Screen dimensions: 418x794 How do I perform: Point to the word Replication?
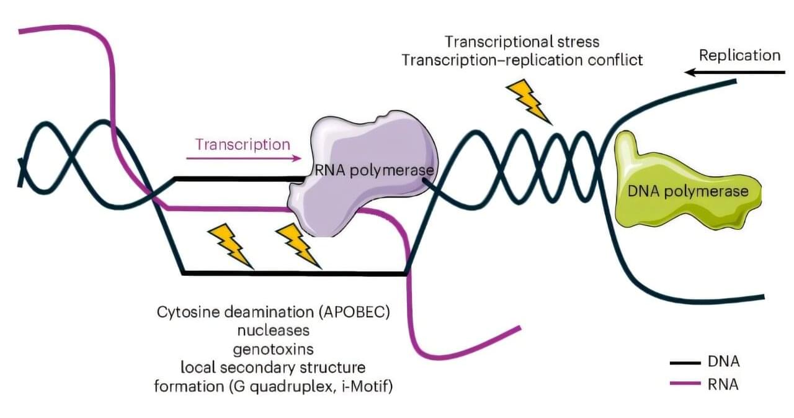[739, 55]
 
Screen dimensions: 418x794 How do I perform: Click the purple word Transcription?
[243, 145]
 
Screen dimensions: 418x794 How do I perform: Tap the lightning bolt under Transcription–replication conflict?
[529, 101]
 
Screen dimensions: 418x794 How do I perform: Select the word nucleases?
[273, 329]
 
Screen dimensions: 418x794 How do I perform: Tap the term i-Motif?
[373, 386]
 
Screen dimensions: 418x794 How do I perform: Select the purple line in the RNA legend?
[684, 384]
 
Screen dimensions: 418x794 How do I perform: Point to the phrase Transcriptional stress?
[522, 42]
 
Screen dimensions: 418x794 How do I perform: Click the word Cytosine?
[185, 311]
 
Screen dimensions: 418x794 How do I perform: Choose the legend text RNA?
[723, 384]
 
